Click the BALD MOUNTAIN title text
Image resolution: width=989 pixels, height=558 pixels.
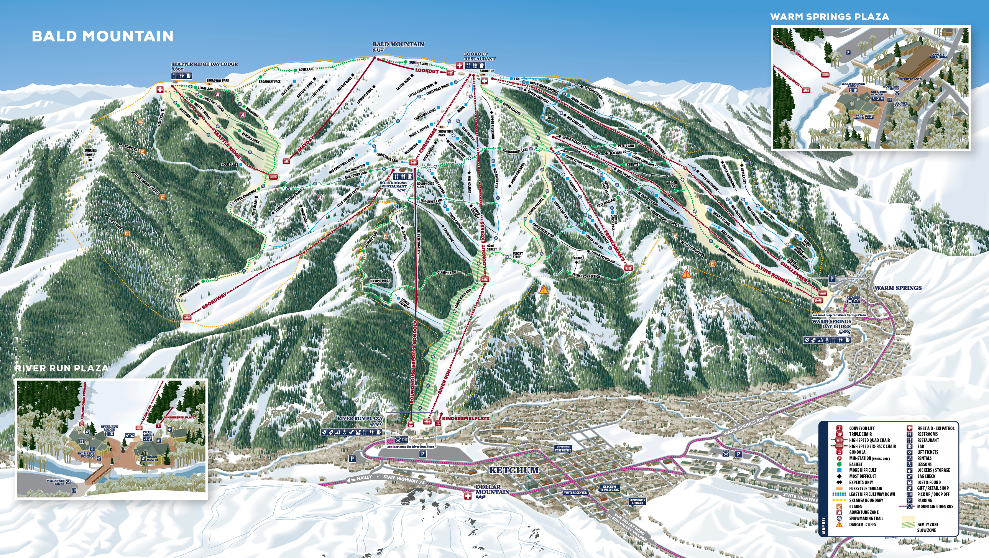[x=102, y=36]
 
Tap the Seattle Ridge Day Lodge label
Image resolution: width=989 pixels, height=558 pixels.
[x=204, y=64]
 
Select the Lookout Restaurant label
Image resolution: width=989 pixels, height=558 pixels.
[x=479, y=56]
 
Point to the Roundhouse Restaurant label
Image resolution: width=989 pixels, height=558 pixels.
[x=393, y=185]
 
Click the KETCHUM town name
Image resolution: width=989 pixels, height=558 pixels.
[x=514, y=470]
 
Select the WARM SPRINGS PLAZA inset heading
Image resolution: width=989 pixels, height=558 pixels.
[x=829, y=17]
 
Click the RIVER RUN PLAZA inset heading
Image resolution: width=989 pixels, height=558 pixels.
[x=61, y=368]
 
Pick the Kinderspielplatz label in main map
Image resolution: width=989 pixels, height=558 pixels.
[x=465, y=418]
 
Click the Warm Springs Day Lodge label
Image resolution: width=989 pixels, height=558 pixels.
[x=831, y=324]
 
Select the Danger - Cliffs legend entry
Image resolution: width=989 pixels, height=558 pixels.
[x=862, y=524]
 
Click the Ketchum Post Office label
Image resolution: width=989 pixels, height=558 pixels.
[x=563, y=449]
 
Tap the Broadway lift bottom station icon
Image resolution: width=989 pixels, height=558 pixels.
[x=187, y=317]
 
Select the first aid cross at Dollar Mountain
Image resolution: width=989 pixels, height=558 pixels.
[x=468, y=496]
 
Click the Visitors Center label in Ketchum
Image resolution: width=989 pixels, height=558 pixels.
[x=575, y=492]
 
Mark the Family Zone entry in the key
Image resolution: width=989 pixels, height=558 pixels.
[x=928, y=524]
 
